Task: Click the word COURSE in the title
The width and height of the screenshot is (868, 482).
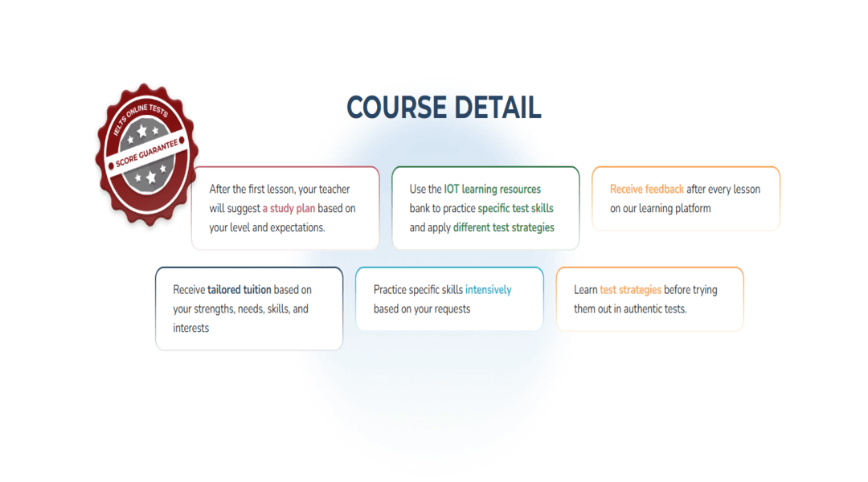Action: tap(396, 108)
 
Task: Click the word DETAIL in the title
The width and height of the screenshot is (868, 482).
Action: tap(497, 108)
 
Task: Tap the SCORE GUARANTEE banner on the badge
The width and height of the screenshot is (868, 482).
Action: tap(147, 153)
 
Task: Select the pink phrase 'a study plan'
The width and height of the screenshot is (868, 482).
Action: tap(289, 208)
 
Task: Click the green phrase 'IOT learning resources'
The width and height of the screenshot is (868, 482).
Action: tap(492, 190)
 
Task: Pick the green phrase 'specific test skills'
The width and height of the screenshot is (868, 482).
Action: tap(515, 208)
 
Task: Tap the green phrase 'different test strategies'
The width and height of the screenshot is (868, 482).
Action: tap(504, 227)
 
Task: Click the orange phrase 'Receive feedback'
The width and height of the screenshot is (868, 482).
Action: tap(646, 190)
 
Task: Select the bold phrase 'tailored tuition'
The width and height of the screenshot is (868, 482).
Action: tap(240, 289)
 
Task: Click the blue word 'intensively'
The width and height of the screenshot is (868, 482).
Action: tap(489, 290)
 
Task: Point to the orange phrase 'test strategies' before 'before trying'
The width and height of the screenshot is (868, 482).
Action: tap(631, 290)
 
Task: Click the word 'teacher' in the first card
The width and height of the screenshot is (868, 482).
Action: tap(334, 190)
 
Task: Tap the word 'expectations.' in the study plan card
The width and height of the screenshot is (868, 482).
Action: tap(297, 227)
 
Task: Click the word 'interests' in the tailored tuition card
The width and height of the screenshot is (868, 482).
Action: tap(191, 328)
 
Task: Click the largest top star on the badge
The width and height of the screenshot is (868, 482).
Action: tap(142, 131)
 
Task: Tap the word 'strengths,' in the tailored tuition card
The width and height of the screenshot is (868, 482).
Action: tap(214, 308)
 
